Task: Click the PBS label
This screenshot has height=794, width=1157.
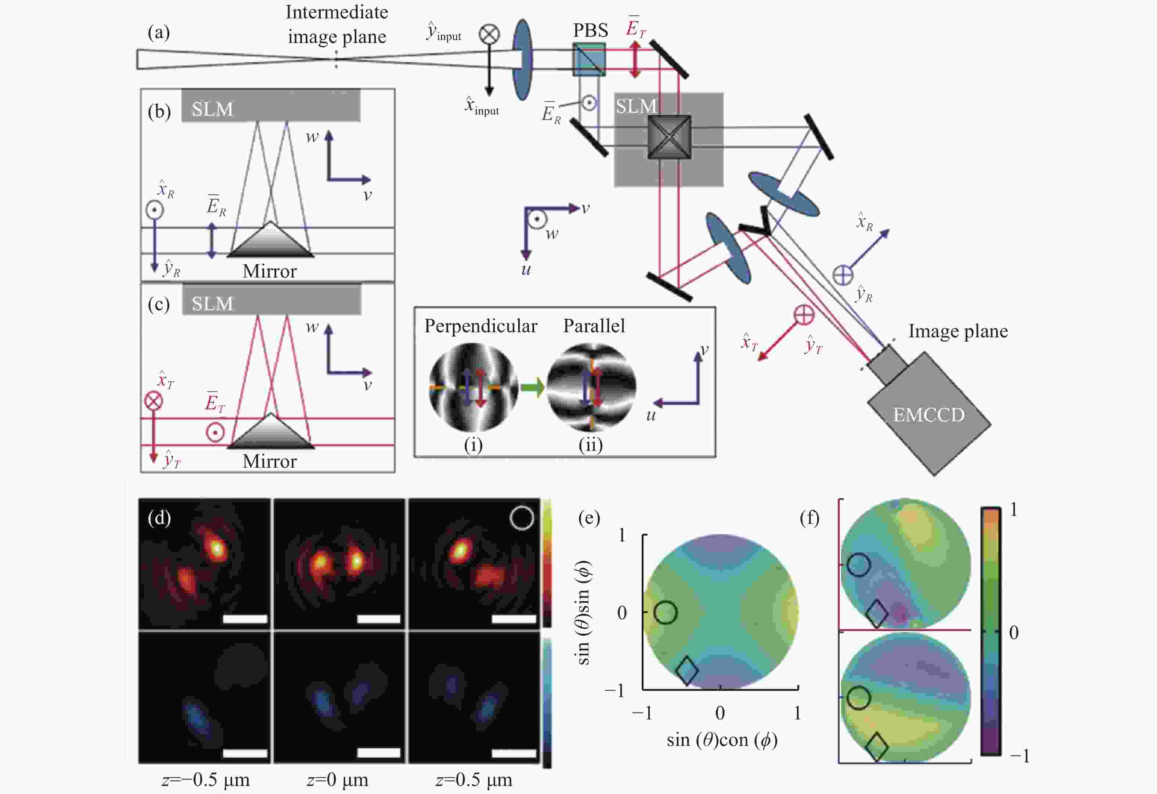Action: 591,30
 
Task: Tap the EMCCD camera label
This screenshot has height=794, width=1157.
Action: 929,414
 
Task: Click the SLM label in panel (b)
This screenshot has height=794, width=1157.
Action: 212,109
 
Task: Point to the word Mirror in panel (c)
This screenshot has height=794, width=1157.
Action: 269,461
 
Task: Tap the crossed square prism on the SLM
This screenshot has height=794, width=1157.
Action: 669,137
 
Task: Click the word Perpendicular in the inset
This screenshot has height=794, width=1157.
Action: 480,326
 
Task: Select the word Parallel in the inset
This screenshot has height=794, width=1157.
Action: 594,326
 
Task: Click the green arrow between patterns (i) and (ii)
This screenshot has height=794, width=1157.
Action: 532,388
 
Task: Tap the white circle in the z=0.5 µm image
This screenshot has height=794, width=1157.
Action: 522,518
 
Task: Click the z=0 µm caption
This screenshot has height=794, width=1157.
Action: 337,780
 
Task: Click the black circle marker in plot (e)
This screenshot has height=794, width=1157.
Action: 665,612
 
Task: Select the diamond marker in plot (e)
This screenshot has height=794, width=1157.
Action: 687,671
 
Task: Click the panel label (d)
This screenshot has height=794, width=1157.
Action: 159,518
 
